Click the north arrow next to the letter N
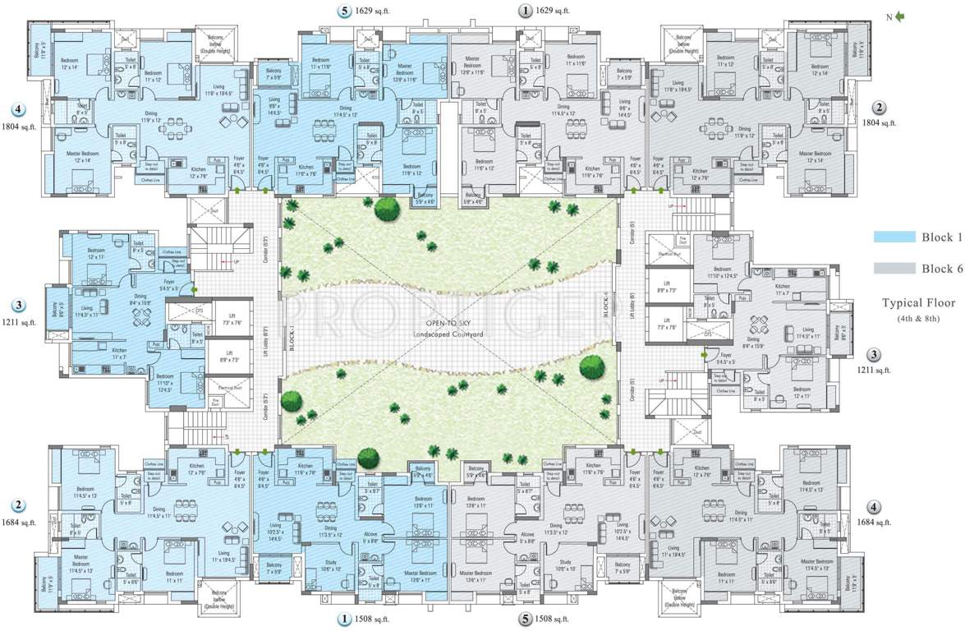(x=900, y=16)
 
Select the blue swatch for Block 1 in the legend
(x=894, y=237)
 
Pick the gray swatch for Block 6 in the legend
(x=894, y=268)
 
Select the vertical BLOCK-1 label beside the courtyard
(x=291, y=336)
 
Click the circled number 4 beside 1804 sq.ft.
(x=16, y=108)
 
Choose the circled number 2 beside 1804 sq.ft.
(x=879, y=108)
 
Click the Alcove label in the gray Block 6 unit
(x=528, y=535)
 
